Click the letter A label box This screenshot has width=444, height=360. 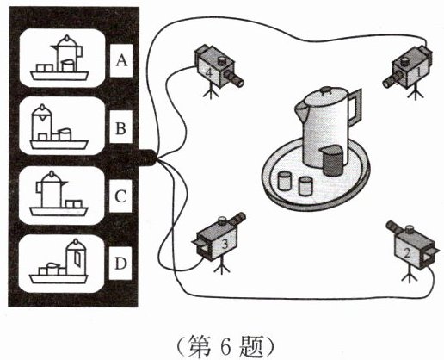tap(121, 60)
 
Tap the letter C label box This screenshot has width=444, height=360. tap(120, 196)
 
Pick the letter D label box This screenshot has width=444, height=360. tap(120, 263)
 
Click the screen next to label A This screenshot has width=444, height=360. tap(62, 58)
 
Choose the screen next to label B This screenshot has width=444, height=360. tap(62, 126)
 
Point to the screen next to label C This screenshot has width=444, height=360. tap(62, 196)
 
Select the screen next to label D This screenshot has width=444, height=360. tap(61, 264)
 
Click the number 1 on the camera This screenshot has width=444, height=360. tap(418, 71)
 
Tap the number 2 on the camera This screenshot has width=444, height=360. tap(407, 253)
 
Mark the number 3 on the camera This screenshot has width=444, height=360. tap(225, 244)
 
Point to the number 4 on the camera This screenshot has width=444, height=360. tap(209, 73)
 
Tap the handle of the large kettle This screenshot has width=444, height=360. tap(355, 106)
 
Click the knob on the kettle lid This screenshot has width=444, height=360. tap(326, 90)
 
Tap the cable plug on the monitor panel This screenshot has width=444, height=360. tap(148, 158)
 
